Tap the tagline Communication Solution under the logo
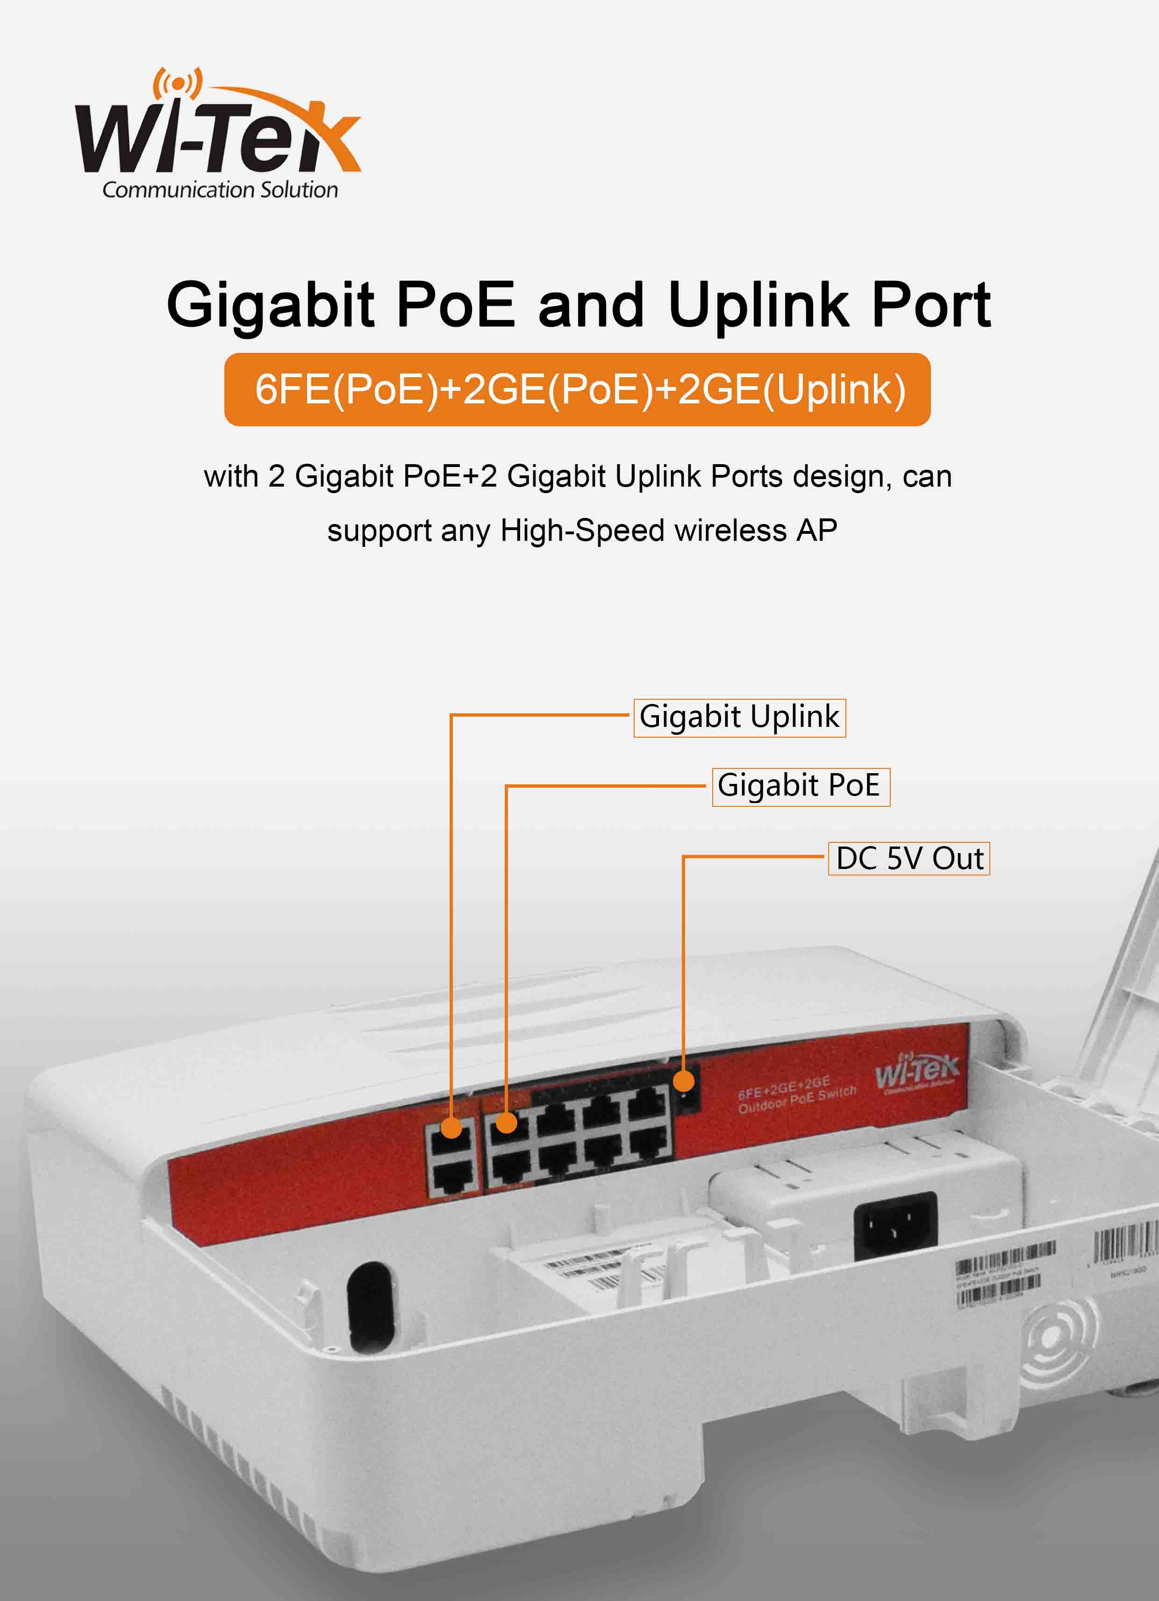pyautogui.click(x=220, y=190)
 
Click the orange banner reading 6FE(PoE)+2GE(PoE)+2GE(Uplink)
pyautogui.click(x=577, y=390)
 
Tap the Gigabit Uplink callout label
pyautogui.click(x=739, y=717)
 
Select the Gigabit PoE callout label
pyautogui.click(x=801, y=786)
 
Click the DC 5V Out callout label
pyautogui.click(x=909, y=858)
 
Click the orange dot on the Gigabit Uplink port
pyautogui.click(x=451, y=1127)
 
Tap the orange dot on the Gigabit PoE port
pyautogui.click(x=506, y=1122)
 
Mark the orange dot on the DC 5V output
pyautogui.click(x=683, y=1081)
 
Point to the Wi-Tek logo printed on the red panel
pyautogui.click(x=917, y=1071)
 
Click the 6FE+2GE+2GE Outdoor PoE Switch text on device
pyautogui.click(x=796, y=1096)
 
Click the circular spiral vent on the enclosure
pyautogui.click(x=1057, y=1338)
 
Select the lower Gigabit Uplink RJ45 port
pyautogui.click(x=452, y=1177)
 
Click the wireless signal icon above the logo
pyautogui.click(x=178, y=83)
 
